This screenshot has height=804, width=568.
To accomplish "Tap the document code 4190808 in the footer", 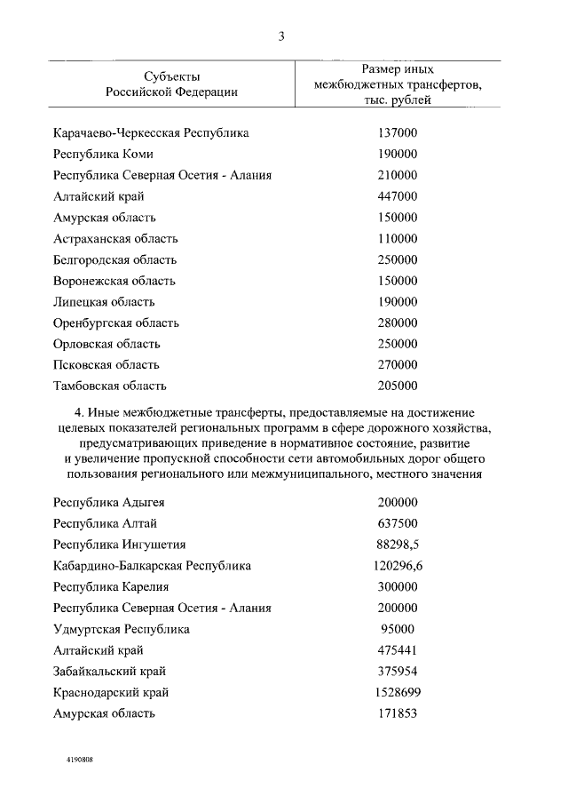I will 79,761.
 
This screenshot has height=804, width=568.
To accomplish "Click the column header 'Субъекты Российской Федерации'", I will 171,84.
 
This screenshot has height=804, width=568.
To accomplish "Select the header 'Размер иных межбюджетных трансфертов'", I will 398,84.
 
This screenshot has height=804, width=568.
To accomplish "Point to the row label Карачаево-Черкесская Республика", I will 151,133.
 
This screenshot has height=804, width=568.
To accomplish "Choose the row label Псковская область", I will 106,365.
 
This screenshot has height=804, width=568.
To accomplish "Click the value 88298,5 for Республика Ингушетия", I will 398,545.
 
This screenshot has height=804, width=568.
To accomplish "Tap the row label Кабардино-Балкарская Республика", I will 152,566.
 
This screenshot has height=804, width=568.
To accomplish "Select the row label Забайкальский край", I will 110,672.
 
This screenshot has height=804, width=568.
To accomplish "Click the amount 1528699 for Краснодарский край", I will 398,692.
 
